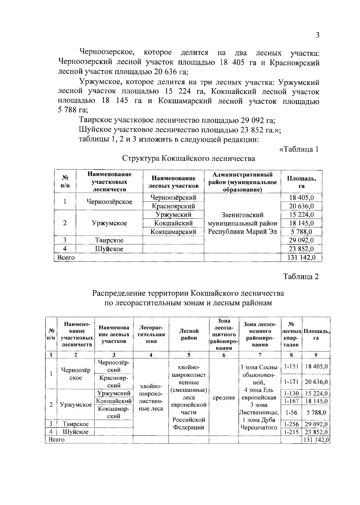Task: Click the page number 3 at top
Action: pyautogui.click(x=317, y=35)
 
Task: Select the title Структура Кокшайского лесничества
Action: pyautogui.click(x=189, y=158)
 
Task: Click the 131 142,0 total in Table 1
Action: pyautogui.click(x=301, y=257)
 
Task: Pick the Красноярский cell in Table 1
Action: pyautogui.click(x=173, y=206)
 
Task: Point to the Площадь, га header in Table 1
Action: pyautogui.click(x=301, y=182)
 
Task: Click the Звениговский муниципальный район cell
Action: pyautogui.click(x=242, y=223)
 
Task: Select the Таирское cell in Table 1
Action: pyautogui.click(x=109, y=240)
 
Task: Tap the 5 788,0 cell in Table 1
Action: pyautogui.click(x=301, y=232)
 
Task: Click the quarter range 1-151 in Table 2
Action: pyautogui.click(x=291, y=366)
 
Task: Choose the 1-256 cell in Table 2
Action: pyautogui.click(x=291, y=424)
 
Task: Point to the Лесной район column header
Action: pyautogui.click(x=189, y=335)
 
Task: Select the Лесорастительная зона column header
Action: pyautogui.click(x=151, y=335)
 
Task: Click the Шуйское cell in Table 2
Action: pyautogui.click(x=76, y=432)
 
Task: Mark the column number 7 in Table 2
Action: pyautogui.click(x=259, y=355)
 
